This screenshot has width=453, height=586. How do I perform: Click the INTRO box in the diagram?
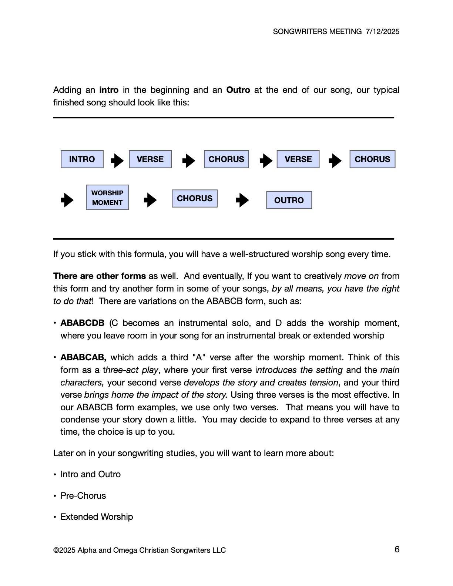82,159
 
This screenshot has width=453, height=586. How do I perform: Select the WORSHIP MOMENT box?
107,198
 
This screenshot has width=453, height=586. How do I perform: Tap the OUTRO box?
289,200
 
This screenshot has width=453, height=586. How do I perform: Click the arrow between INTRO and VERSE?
117,161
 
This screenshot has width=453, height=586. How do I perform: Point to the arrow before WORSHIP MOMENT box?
67,200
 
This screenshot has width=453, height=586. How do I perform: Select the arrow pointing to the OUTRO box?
242,200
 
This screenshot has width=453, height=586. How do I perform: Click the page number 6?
397,549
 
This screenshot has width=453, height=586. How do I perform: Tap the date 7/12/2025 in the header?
382,31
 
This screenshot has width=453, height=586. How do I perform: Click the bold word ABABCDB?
83,323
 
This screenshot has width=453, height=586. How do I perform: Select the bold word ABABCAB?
83,357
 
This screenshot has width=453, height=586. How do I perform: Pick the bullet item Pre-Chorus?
83,496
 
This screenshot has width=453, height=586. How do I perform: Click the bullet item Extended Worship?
97,517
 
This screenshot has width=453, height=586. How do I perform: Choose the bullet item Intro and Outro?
91,474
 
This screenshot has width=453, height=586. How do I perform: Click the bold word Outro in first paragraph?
238,90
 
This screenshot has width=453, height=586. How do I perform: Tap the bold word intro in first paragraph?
109,90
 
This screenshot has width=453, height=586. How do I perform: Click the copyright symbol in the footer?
56,550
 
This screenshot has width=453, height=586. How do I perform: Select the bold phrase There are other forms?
100,276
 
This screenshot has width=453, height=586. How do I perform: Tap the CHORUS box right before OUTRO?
194,198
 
